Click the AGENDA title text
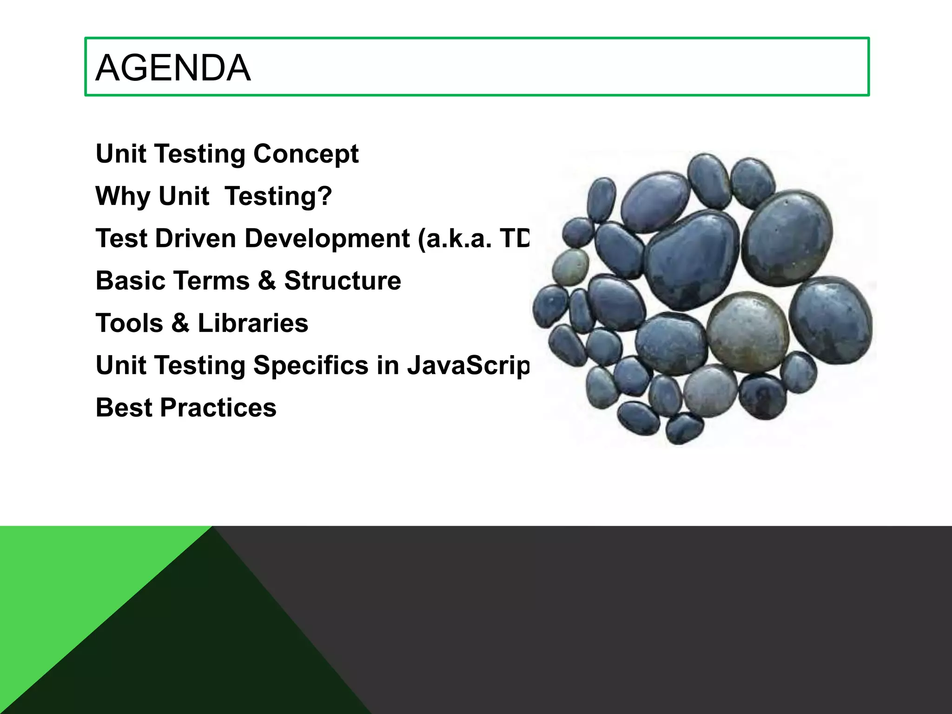(x=173, y=68)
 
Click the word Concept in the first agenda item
(x=306, y=154)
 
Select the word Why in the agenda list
(x=122, y=196)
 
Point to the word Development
(x=327, y=238)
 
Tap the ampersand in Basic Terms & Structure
(x=267, y=281)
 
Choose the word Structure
(x=343, y=281)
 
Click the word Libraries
(x=253, y=323)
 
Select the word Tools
(x=129, y=323)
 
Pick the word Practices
(x=218, y=408)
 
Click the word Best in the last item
(x=124, y=408)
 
